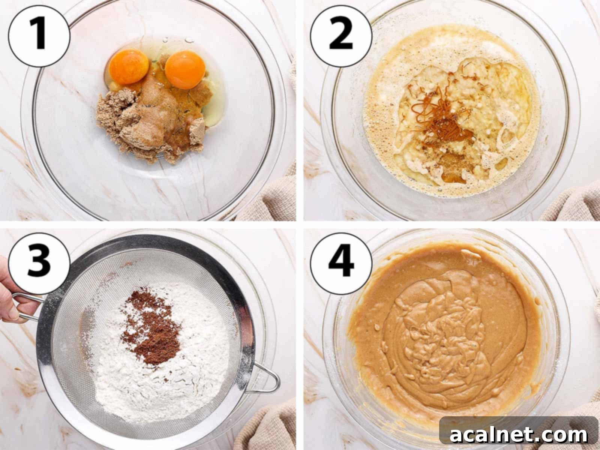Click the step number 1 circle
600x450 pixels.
point(39,36)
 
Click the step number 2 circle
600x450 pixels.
point(341,36)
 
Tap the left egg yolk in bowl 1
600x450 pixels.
point(129,66)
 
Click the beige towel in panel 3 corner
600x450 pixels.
point(270,427)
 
